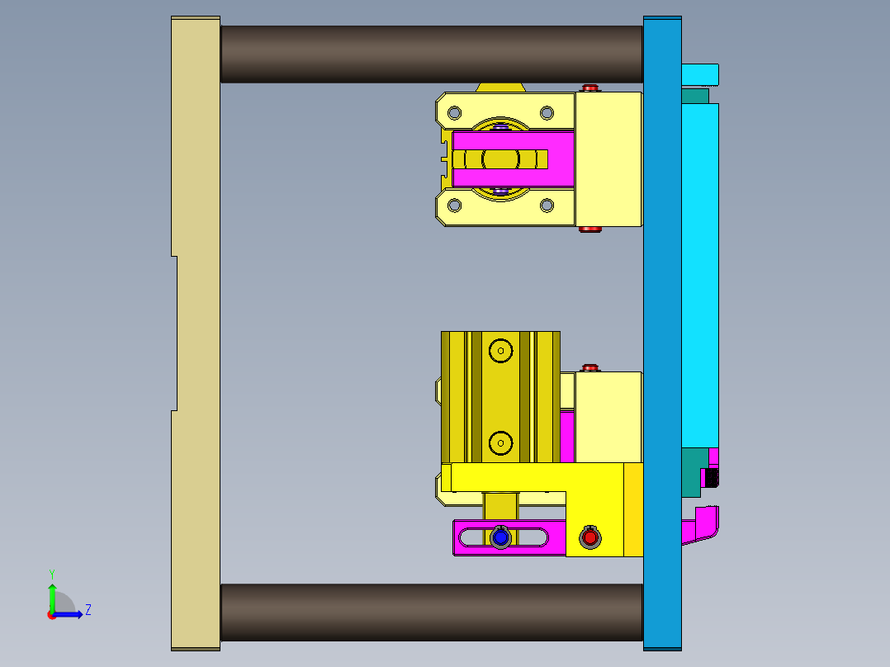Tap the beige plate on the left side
pyautogui.click(x=196, y=330)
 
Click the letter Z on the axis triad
pyautogui.click(x=88, y=610)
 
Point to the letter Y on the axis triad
pyautogui.click(x=51, y=573)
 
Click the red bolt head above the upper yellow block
pyautogui.click(x=589, y=88)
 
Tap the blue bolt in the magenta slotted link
pyautogui.click(x=499, y=537)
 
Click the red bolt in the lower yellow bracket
pyautogui.click(x=589, y=537)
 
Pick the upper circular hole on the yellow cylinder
pyautogui.click(x=499, y=351)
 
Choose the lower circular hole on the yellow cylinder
pyautogui.click(x=499, y=444)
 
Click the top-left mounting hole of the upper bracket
pyautogui.click(x=453, y=112)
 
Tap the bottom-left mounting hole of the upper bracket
pyautogui.click(x=453, y=206)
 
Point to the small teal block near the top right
pyautogui.click(x=695, y=96)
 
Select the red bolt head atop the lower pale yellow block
pyautogui.click(x=589, y=367)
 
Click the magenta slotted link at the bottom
pyautogui.click(x=471, y=537)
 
